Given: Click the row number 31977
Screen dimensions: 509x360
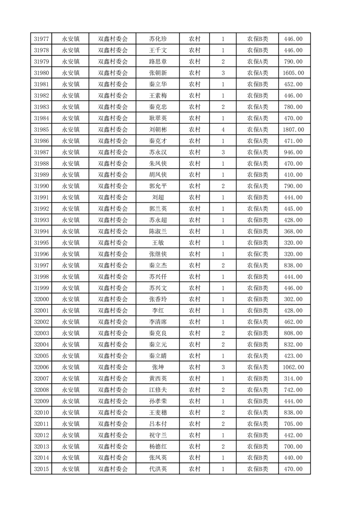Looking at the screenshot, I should (41, 39).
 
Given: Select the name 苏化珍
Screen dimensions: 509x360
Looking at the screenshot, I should (158, 39).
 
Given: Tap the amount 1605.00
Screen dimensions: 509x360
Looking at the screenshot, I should (293, 73).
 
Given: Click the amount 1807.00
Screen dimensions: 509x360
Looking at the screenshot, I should (293, 130).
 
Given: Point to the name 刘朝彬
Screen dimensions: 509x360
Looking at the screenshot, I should (158, 130).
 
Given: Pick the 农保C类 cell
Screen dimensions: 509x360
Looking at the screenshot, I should (257, 254).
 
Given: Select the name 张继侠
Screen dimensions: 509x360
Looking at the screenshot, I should (158, 254).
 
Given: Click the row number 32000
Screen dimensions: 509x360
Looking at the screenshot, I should (41, 299).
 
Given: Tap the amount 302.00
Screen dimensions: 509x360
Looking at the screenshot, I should (293, 299).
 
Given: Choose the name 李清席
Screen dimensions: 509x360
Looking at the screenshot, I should (158, 322).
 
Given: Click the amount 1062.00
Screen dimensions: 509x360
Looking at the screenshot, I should (293, 367).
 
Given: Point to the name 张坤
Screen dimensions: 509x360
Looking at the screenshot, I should (158, 367).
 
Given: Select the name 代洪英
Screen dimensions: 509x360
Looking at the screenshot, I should (158, 469).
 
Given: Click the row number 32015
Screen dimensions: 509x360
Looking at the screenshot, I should (41, 469).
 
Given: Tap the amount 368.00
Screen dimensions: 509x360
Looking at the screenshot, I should (293, 231).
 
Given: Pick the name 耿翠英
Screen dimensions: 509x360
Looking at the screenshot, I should (158, 118).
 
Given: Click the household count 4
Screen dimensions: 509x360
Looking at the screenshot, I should (223, 130).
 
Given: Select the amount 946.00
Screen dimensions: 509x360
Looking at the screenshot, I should (293, 152).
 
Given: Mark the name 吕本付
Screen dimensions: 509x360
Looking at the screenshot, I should (158, 424).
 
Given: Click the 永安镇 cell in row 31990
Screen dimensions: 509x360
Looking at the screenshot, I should (70, 186).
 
